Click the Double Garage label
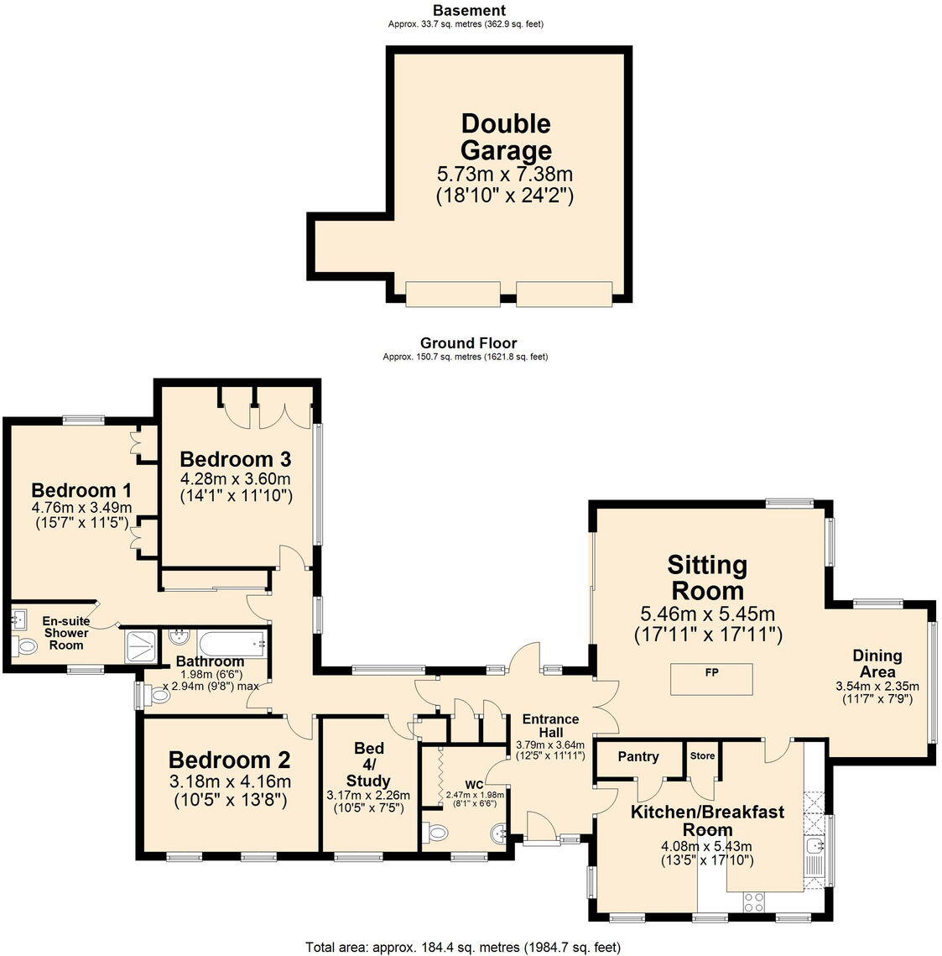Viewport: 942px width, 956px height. (x=506, y=137)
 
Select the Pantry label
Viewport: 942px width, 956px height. (x=638, y=756)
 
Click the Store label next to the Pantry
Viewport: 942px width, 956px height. (x=702, y=755)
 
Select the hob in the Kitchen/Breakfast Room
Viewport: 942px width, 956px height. (x=753, y=901)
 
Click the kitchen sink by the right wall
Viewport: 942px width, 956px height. (x=814, y=856)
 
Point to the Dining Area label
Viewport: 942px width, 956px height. (x=877, y=663)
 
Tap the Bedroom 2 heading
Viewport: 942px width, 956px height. (x=229, y=760)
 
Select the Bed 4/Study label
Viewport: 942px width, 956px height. (x=369, y=764)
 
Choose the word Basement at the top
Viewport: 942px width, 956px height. (x=469, y=10)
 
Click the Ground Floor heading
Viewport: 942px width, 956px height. (x=468, y=342)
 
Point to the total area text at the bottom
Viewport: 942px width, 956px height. (x=464, y=947)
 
